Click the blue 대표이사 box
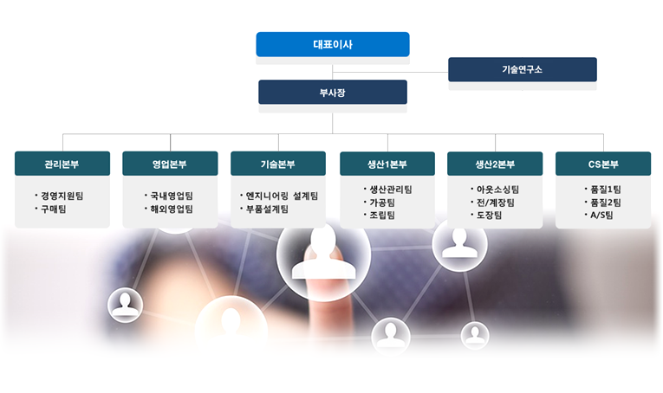pos(333,44)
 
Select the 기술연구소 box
pos(523,69)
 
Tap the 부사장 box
pos(333,92)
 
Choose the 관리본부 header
pos(62,164)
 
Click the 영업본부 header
pos(170,164)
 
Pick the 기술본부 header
pos(278,164)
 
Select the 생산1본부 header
pos(387,164)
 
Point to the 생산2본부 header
pos(495,164)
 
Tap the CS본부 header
pos(603,164)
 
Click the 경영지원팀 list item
pos(60,196)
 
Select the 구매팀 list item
pos(51,209)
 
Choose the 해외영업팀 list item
pos(169,209)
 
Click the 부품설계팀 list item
pos(264,209)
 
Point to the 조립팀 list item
pos(380,215)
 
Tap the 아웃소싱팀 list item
pos(495,190)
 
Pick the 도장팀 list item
pos(487,215)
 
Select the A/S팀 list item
pos(599,215)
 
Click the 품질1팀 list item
pos(603,190)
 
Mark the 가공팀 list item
pos(380,203)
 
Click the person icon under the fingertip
pos(323,254)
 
